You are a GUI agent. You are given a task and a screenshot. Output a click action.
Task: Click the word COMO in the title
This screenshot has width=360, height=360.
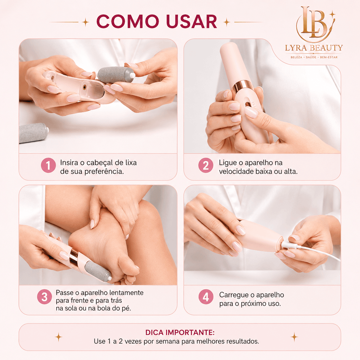tap(128, 21)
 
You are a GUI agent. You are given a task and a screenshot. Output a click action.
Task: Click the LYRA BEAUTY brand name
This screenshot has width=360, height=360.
tap(314, 48)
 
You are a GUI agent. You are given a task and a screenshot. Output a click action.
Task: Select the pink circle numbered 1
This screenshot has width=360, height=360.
tap(48, 165)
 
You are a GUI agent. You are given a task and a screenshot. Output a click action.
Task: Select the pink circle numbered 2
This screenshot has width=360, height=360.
tap(206, 165)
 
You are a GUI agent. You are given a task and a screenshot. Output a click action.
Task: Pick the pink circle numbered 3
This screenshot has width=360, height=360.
tap(44, 297)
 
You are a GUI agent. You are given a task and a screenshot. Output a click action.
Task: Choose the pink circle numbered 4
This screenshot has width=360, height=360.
tap(206, 297)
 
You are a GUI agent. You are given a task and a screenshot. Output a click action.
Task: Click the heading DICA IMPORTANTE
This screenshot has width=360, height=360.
tap(180, 332)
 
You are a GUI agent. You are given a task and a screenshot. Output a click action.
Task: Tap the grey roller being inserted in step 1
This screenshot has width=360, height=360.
tap(116, 75)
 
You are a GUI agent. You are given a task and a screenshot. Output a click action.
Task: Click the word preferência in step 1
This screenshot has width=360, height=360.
tap(104, 172)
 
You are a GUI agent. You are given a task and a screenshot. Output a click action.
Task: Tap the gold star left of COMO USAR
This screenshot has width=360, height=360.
tap(85, 22)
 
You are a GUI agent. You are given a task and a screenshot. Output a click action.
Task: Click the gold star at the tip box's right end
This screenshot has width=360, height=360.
tap(294, 337)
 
